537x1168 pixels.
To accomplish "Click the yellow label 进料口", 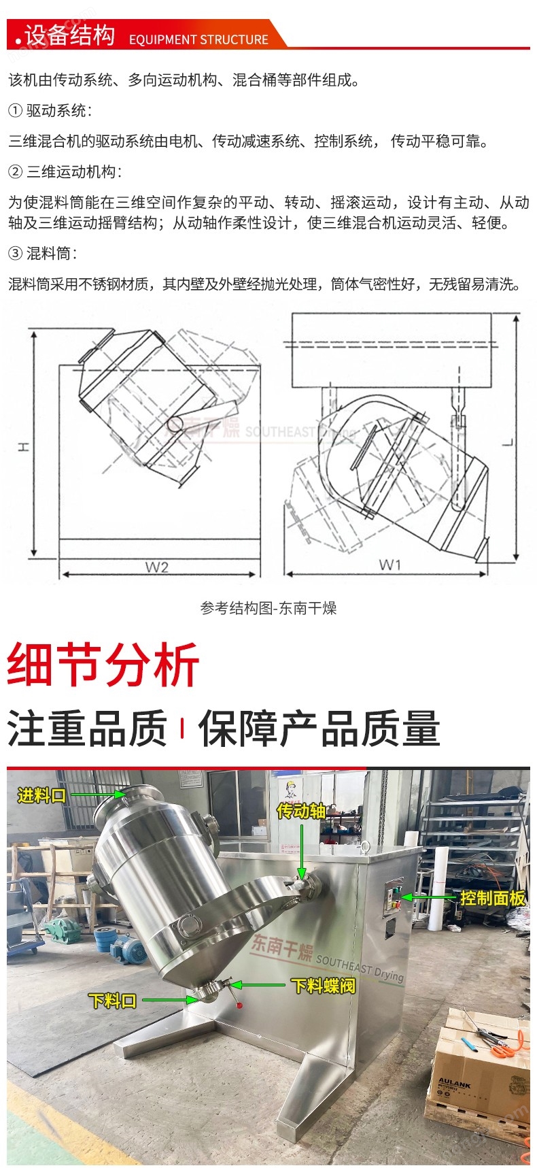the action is [41, 795].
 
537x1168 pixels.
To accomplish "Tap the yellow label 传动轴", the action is [301, 810].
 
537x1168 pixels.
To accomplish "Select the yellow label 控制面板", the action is [493, 898].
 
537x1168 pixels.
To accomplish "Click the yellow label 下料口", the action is [113, 1001].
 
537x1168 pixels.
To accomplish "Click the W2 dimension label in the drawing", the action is [156, 567].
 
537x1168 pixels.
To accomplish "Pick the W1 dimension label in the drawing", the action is [390, 564].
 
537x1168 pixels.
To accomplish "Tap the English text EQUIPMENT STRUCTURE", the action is [198, 39].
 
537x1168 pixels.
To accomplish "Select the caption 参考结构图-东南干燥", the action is [268, 608].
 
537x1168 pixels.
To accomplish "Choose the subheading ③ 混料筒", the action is [42, 254].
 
